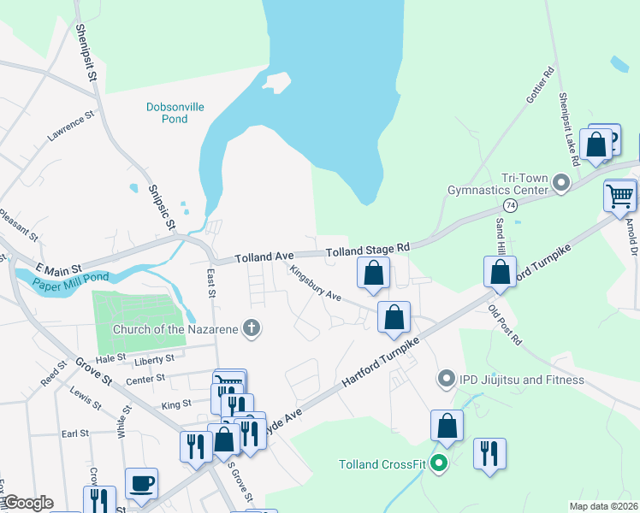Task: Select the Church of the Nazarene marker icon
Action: point(252,328)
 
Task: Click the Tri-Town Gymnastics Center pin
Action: point(561,182)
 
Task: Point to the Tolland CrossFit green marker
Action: point(439,464)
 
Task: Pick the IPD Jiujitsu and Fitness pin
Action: point(445,379)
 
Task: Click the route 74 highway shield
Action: point(511,206)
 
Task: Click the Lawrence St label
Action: point(70,127)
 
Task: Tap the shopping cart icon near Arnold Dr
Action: point(619,195)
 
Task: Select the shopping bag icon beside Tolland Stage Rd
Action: point(374,274)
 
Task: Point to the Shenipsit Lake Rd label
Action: point(570,129)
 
